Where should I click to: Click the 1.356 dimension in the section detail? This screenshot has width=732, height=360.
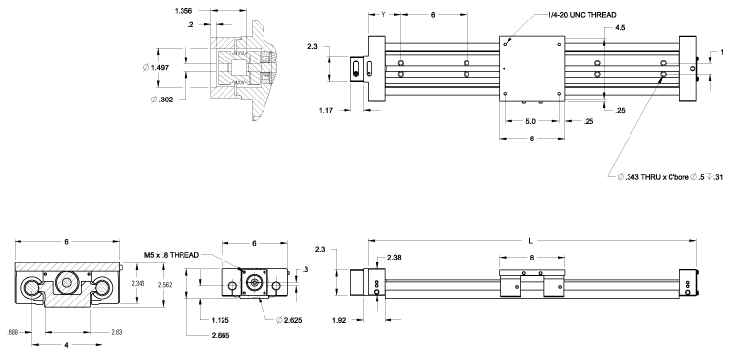pos(183,11)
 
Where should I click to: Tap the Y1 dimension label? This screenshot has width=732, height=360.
pos(385,15)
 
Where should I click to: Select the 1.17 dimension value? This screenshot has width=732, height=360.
pos(328,111)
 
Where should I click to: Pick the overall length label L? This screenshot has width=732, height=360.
pos(528,239)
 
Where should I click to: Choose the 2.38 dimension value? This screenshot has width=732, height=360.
pos(394,258)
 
